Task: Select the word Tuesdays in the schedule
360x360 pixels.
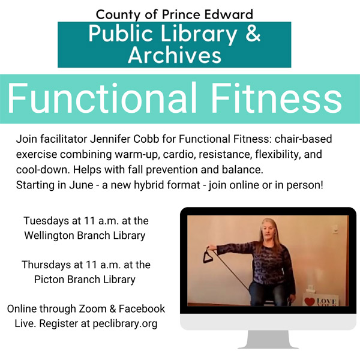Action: [46, 221]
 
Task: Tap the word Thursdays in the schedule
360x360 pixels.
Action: [46, 265]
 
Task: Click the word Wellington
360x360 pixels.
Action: [49, 236]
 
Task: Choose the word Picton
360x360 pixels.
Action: [49, 280]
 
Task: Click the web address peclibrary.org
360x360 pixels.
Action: [125, 323]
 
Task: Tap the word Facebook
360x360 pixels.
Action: [142, 309]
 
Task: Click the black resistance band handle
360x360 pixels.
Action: [208, 255]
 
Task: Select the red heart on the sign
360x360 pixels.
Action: [309, 301]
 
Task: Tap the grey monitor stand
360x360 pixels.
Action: [268, 340]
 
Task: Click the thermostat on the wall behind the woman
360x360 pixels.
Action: [335, 229]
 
